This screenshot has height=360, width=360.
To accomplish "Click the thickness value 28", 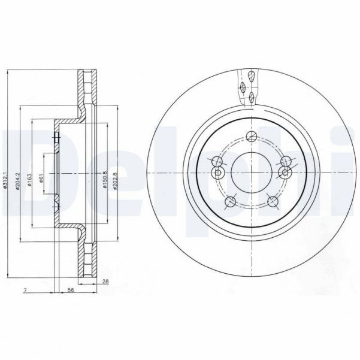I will pyautogui.click(x=105, y=282).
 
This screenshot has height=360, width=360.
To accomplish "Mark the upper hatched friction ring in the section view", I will pyautogui.click(x=87, y=90).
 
